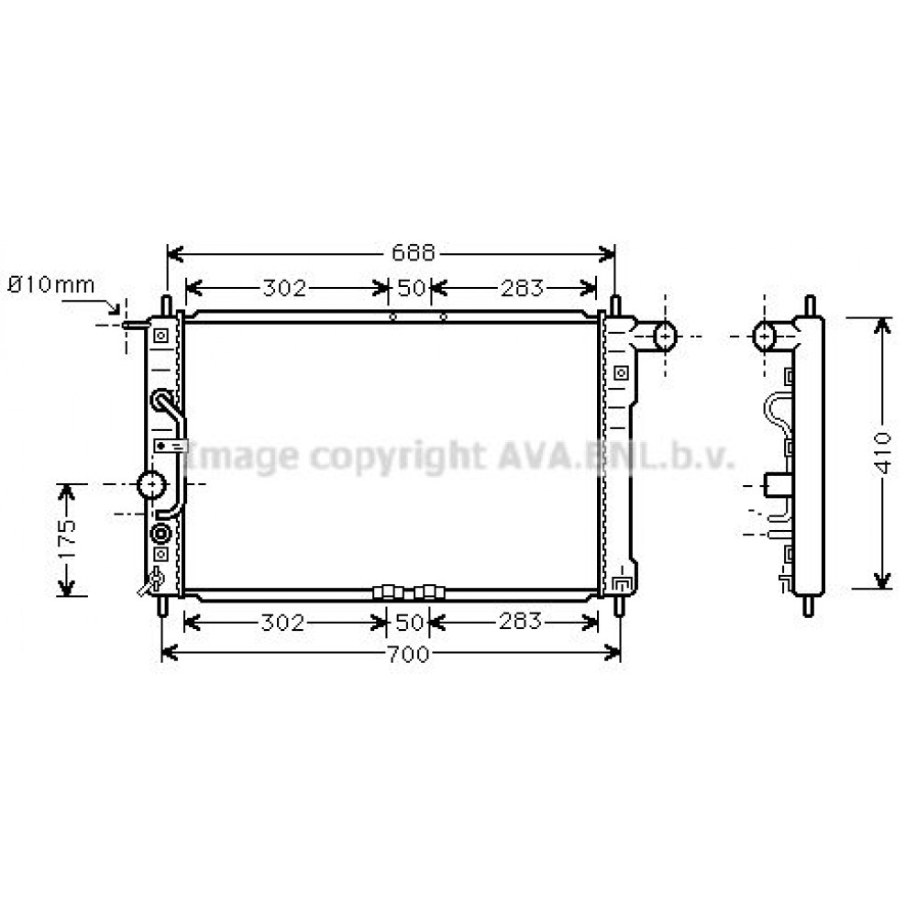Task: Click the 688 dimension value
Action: [x=414, y=253]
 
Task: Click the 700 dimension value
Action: [x=409, y=654]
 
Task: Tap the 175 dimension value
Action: [x=67, y=539]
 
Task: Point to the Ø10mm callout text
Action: [x=50, y=285]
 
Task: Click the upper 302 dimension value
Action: [x=284, y=288]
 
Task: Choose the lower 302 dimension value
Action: [x=282, y=623]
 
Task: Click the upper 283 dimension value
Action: [x=523, y=288]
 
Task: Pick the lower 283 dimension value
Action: [x=521, y=621]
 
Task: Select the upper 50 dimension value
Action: [x=411, y=288]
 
